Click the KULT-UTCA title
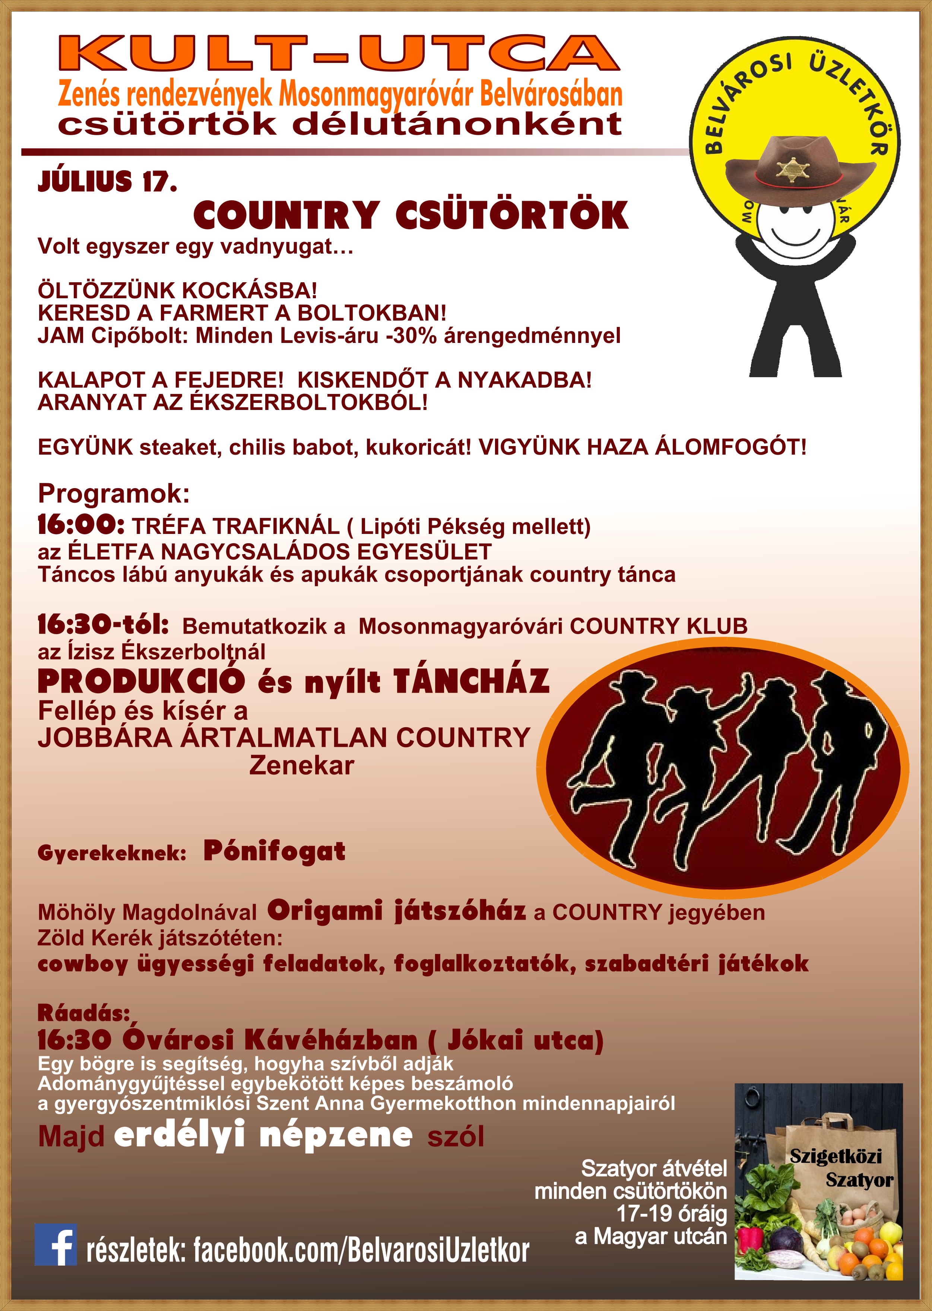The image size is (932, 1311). (x=339, y=53)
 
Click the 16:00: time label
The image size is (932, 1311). (x=81, y=524)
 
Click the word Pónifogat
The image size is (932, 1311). (x=274, y=851)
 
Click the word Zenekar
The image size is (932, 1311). (x=301, y=766)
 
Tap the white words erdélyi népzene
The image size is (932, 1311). (x=263, y=1135)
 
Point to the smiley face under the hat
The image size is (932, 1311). (x=795, y=224)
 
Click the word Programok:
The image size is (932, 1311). (x=114, y=493)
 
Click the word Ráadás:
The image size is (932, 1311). (x=84, y=1013)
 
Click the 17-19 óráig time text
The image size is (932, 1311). (x=672, y=1213)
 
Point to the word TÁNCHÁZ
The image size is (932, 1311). (x=471, y=681)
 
